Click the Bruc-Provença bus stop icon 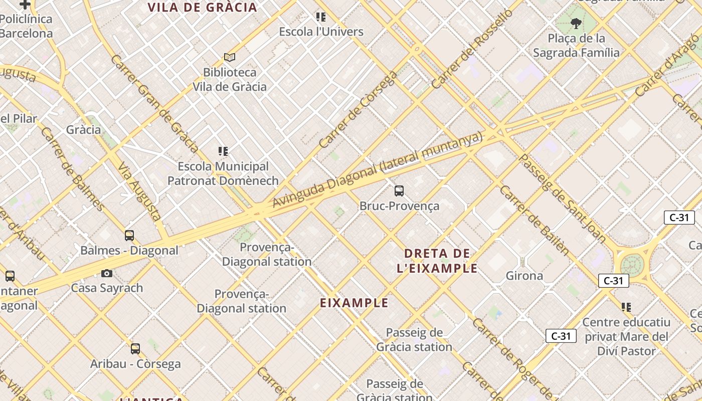tap(399, 191)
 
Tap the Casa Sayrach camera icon tap(107, 273)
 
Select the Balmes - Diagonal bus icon tap(129, 235)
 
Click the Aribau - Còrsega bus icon tap(135, 348)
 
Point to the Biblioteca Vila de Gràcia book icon tap(230, 58)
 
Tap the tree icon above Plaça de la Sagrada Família tap(576, 23)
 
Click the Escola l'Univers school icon tap(321, 18)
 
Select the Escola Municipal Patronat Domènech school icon tap(223, 151)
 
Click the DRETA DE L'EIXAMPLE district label tap(437, 261)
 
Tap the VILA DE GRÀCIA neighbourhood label tap(202, 8)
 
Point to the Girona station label tap(524, 276)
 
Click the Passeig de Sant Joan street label tap(562, 199)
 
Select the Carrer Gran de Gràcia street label tap(154, 103)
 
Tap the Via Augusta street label tap(139, 192)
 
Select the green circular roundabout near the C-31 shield tap(632, 265)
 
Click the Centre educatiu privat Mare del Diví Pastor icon tap(626, 307)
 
